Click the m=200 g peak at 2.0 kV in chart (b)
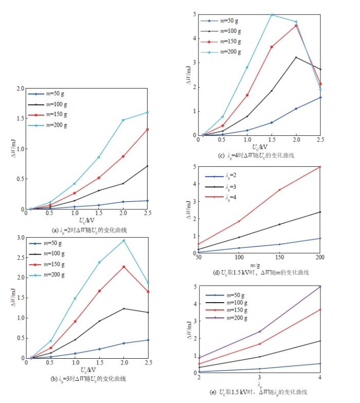(x=123, y=240)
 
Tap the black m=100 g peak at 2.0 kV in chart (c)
(x=296, y=57)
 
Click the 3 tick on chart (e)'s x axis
(x=260, y=378)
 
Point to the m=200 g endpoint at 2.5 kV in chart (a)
(x=148, y=112)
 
